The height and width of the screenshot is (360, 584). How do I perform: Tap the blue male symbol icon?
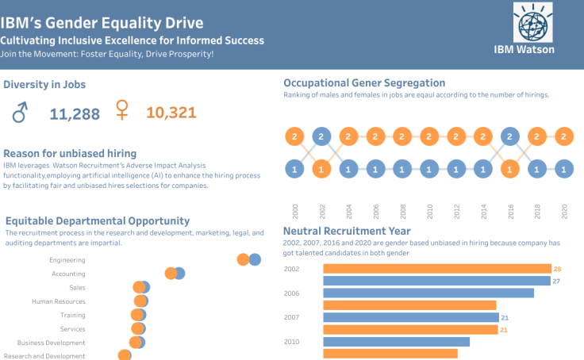tap(20, 113)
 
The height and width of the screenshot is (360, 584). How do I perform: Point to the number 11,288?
tap(75, 114)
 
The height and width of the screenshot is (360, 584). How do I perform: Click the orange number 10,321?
tap(171, 113)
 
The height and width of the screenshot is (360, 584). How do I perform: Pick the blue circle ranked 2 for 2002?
tap(321, 137)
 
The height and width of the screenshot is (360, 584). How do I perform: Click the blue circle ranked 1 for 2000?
tap(294, 169)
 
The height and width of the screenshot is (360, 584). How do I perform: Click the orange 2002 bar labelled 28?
tap(436, 269)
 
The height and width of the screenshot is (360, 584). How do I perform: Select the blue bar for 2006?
tap(428, 293)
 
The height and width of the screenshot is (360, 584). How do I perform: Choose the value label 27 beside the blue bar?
tap(557, 281)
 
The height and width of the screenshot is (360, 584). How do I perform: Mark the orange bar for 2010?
tap(390, 354)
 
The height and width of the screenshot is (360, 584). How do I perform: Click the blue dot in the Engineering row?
tap(254, 259)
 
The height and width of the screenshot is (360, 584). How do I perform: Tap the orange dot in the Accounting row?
tap(171, 274)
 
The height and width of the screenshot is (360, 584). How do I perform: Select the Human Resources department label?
tap(59, 301)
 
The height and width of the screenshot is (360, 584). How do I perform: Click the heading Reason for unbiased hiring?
tap(70, 153)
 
